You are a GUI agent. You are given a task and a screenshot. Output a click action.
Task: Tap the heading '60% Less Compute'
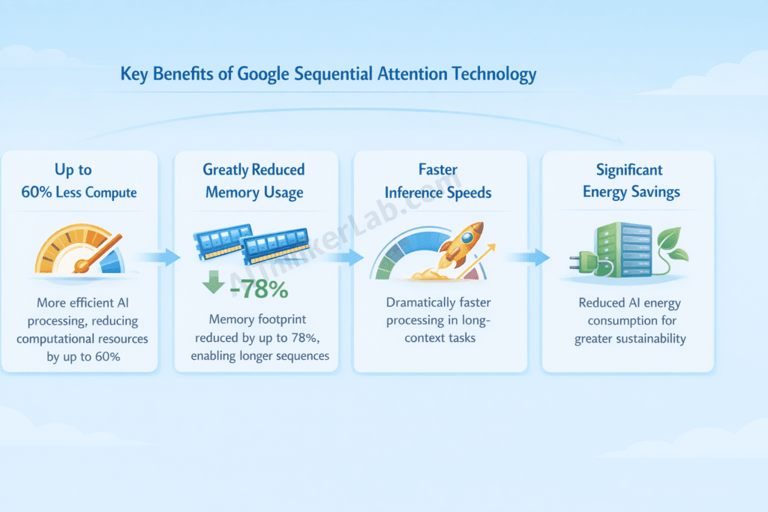[x=79, y=193]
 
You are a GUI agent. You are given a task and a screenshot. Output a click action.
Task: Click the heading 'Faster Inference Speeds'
[x=438, y=181]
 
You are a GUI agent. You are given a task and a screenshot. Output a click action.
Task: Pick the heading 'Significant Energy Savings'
[x=631, y=181]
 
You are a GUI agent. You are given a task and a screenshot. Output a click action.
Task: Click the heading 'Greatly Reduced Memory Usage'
[x=254, y=181]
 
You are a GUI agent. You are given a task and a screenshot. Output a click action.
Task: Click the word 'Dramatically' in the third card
[x=422, y=303]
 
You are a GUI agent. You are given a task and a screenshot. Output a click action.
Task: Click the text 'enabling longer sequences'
[x=259, y=355]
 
